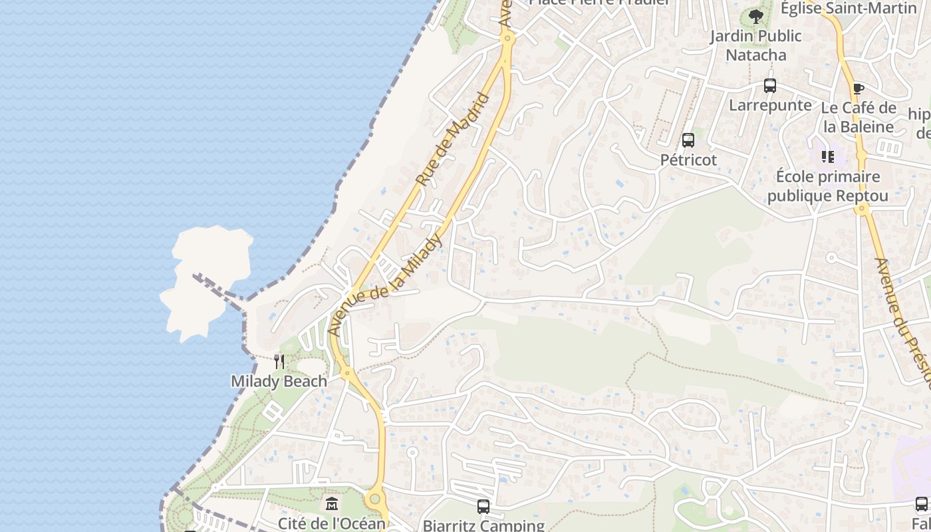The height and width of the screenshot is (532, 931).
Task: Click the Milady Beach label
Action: coord(279,381)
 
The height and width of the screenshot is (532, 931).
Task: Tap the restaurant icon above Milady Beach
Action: coord(279,362)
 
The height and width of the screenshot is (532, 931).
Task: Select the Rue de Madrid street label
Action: coord(453,140)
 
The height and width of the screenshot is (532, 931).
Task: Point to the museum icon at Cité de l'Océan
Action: coord(332,503)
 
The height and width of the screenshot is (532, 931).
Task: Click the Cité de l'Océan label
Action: coord(331,523)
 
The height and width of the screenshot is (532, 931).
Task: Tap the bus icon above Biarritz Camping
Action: coord(483,507)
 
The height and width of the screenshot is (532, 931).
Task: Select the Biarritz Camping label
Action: coord(483,525)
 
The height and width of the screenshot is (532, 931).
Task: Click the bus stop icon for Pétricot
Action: coord(688,140)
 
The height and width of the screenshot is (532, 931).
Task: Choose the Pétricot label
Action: coord(688,160)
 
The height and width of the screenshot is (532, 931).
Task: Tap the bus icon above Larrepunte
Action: coord(770,86)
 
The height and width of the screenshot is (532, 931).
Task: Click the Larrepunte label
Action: coord(770,105)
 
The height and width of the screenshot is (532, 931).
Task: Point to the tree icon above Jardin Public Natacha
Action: coord(755,17)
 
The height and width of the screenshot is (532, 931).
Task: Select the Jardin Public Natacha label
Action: coord(755,45)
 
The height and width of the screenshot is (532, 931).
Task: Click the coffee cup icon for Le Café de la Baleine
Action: coord(859,88)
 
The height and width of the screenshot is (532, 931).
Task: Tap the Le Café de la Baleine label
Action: coord(859,117)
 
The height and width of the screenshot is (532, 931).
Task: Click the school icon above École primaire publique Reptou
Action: coord(828,157)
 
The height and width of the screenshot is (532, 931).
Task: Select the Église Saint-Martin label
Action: coord(849,8)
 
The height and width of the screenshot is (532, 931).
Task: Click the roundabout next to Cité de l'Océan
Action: coord(376,498)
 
